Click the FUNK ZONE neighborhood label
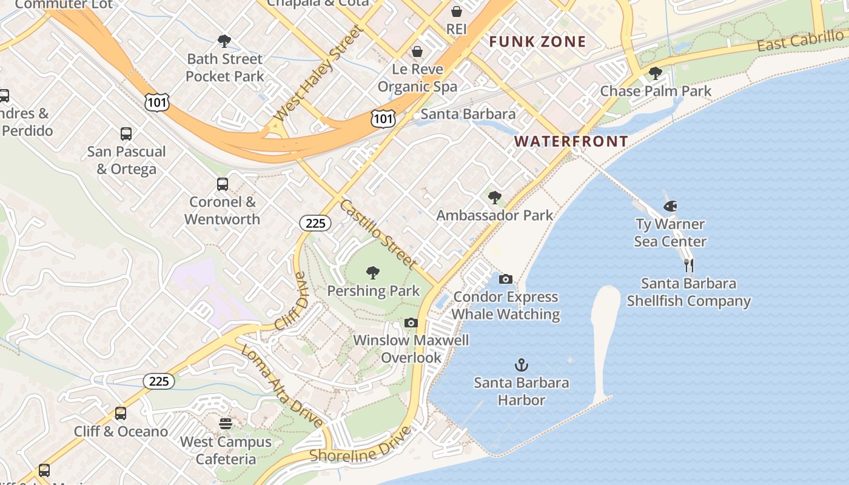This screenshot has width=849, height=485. (x=537, y=42)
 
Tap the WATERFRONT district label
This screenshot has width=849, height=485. (x=571, y=141)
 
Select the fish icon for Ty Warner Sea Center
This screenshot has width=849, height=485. (x=670, y=206)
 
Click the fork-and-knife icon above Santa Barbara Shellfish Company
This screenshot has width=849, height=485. (x=688, y=266)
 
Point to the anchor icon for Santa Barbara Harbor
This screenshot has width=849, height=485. (x=522, y=365)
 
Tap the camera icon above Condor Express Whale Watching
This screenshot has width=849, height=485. (x=505, y=279)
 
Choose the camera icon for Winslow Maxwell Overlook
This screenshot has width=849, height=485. (x=411, y=323)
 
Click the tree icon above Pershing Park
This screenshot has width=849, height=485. (x=373, y=273)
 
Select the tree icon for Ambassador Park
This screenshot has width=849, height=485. (x=495, y=197)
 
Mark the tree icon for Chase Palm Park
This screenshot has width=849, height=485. (x=655, y=73)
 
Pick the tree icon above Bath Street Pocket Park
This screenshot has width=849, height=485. (x=224, y=41)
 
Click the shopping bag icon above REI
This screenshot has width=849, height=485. (x=456, y=12)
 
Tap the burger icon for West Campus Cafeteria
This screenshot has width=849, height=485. (x=226, y=423)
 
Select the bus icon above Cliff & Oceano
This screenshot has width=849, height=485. (x=121, y=413)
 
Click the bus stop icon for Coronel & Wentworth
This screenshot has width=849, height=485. (x=223, y=184)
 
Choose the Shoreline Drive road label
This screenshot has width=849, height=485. (x=360, y=446)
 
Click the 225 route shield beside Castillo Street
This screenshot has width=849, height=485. (x=315, y=223)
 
